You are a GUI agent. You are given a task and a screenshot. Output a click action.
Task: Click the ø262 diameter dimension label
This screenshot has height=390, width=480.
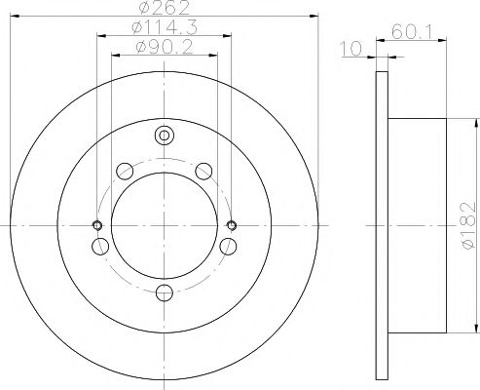coord(165,8)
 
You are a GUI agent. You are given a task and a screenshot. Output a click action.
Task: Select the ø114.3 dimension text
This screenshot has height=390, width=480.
coord(165,27)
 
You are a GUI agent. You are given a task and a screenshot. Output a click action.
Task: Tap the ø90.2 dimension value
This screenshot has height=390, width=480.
coord(165,48)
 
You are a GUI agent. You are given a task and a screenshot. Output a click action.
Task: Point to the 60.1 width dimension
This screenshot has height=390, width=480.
coord(412,32)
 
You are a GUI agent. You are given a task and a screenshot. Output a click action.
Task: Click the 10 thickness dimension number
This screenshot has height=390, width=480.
coord(351,49)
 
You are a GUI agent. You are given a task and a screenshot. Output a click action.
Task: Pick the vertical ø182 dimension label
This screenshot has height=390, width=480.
coord(468,225)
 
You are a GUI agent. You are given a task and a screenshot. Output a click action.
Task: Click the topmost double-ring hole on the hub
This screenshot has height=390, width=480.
coord(165,136)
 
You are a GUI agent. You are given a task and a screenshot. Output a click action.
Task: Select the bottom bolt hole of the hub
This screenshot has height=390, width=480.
coord(165,292)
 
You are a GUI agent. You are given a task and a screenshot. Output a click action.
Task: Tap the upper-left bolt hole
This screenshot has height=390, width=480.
coord(125,172)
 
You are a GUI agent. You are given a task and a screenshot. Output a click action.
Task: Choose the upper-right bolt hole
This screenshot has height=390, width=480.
coord(204,172)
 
